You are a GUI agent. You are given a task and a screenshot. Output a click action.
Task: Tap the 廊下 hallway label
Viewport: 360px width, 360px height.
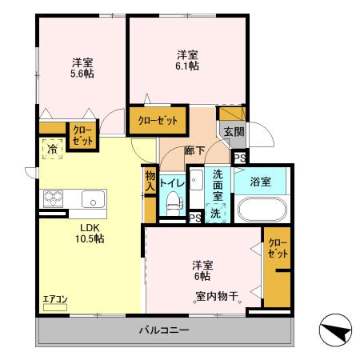(195, 150)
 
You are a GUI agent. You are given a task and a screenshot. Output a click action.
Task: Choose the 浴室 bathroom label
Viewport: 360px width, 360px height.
(259, 182)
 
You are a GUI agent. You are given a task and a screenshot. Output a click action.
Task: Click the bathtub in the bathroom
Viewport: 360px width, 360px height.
(260, 212)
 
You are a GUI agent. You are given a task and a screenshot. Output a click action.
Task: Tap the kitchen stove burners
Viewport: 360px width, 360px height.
(53, 198)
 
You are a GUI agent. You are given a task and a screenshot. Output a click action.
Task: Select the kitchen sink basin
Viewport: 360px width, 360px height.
(90, 198)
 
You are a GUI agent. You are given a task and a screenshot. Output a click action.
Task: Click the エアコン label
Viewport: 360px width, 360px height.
(56, 299)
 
